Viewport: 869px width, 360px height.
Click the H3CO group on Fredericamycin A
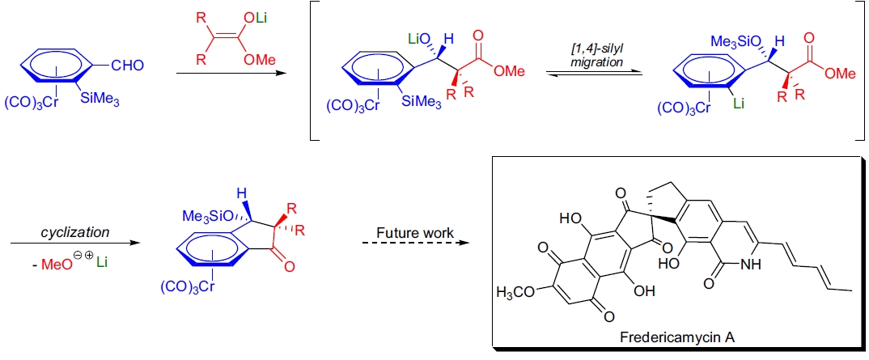(519, 291)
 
